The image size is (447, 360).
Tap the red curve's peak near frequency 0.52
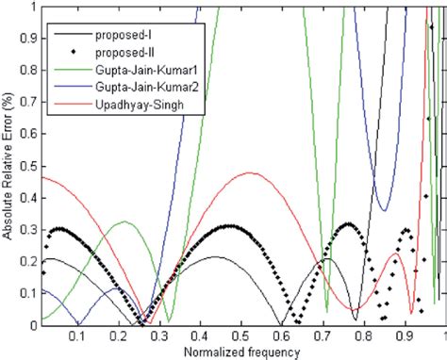[x=249, y=172]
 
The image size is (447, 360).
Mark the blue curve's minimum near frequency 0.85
[x=382, y=210]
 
